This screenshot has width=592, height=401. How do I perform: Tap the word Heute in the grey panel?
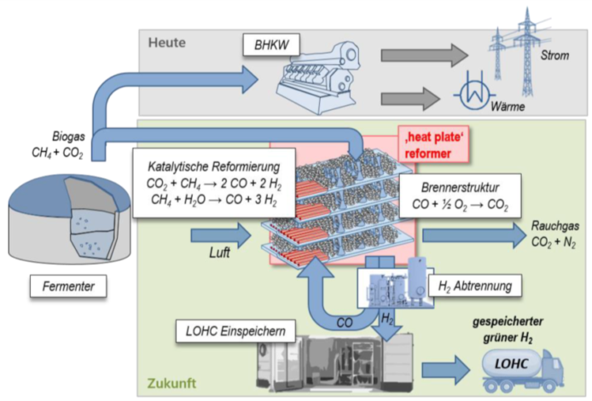[167, 41]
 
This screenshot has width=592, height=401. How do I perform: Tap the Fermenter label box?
[67, 285]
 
